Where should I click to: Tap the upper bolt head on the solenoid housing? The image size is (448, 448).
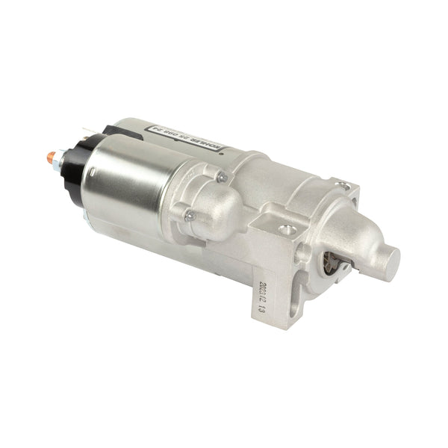pos(221,177)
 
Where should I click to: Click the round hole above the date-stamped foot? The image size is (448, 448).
pos(267,221)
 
